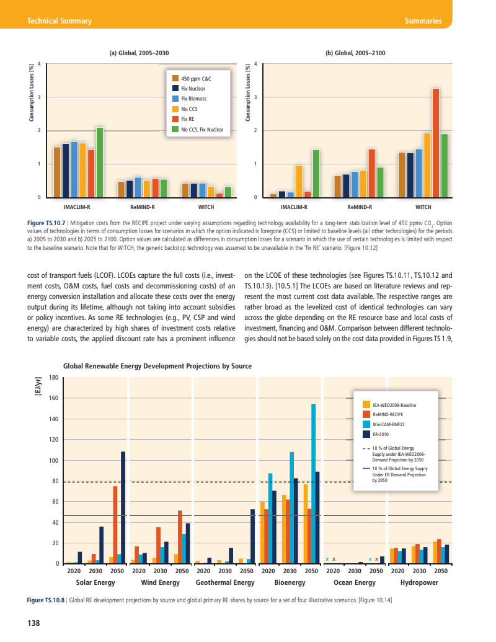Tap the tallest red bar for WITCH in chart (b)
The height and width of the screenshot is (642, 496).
pyautogui.click(x=436, y=143)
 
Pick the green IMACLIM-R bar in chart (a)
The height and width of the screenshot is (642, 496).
pyautogui.click(x=99, y=162)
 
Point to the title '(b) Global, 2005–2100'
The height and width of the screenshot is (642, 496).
pyautogui.click(x=355, y=54)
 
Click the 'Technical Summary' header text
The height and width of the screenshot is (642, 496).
pyautogui.click(x=60, y=21)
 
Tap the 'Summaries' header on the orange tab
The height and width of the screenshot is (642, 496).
pyautogui.click(x=422, y=21)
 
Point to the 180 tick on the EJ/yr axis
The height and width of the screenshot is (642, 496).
pyautogui.click(x=54, y=377)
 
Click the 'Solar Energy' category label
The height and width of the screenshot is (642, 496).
pyautogui.click(x=95, y=583)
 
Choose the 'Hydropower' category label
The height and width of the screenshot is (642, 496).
pyautogui.click(x=419, y=583)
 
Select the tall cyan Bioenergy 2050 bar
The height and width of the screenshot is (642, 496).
pyautogui.click(x=313, y=484)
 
